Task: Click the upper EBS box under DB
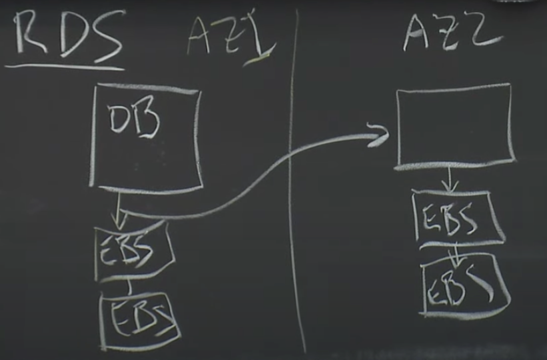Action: [x=133, y=249]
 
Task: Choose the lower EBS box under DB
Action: [x=140, y=319]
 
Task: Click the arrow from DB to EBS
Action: [x=118, y=209]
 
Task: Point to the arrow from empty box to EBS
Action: [x=450, y=179]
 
